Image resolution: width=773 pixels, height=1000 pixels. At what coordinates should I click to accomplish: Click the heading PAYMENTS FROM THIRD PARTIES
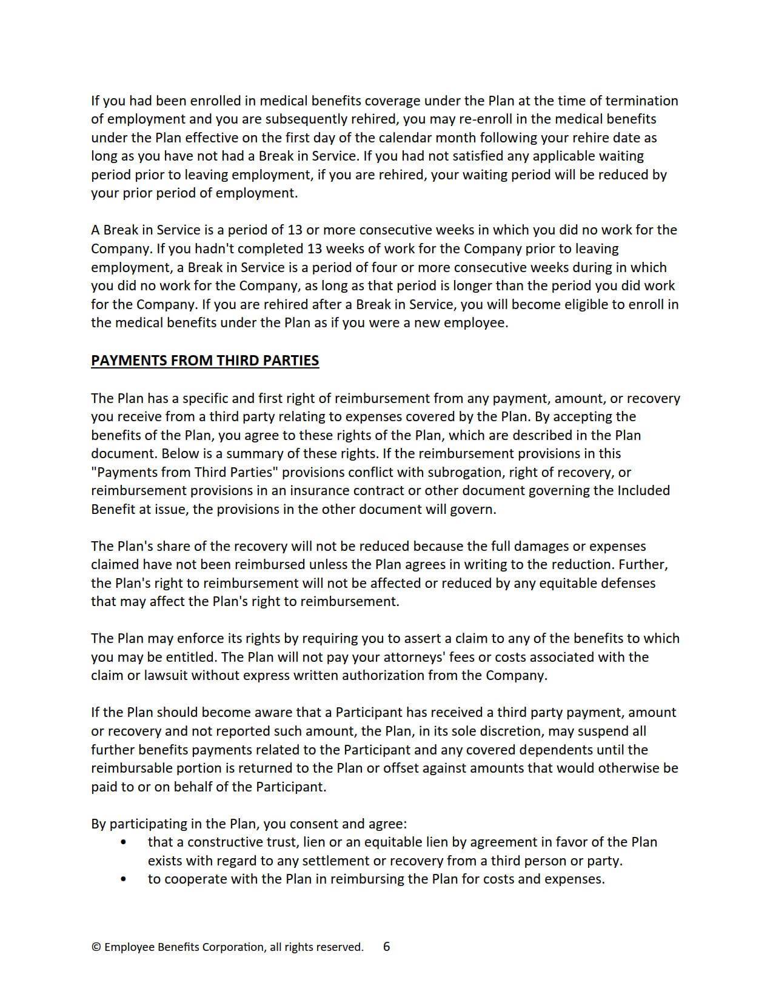coord(205,361)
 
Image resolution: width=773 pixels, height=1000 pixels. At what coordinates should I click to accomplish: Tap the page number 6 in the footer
coord(386,947)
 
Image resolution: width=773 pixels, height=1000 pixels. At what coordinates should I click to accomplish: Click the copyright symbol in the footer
coord(96,947)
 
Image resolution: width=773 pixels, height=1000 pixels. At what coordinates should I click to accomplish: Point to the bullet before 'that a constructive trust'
coord(124,842)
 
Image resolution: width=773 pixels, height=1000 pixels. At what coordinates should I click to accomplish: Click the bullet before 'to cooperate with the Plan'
coord(124,879)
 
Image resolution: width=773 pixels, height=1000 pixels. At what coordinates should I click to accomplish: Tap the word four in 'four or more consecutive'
coord(382,267)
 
